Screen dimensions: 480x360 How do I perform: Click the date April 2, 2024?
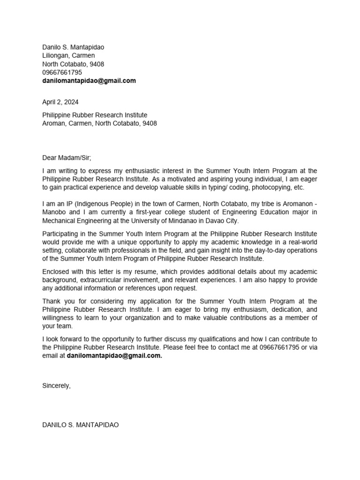60,102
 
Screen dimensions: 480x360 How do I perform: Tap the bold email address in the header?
89,81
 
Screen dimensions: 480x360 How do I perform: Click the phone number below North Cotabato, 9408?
62,72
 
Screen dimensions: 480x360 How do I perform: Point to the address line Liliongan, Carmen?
68,55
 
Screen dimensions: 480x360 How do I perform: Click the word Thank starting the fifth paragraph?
52,301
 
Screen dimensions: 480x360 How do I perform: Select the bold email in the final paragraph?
114,356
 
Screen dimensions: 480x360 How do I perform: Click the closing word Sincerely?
56,385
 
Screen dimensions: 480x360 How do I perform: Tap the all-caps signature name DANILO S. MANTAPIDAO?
81,425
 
